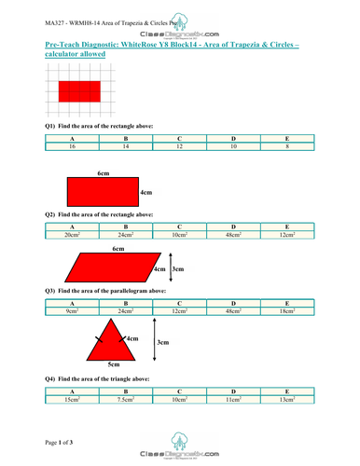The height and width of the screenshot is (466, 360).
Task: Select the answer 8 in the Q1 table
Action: pos(287,146)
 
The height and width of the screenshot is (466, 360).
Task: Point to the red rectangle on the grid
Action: pos(79,91)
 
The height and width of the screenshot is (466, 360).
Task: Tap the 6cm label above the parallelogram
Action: pos(118,249)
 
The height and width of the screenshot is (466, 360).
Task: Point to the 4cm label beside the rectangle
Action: pos(146,192)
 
